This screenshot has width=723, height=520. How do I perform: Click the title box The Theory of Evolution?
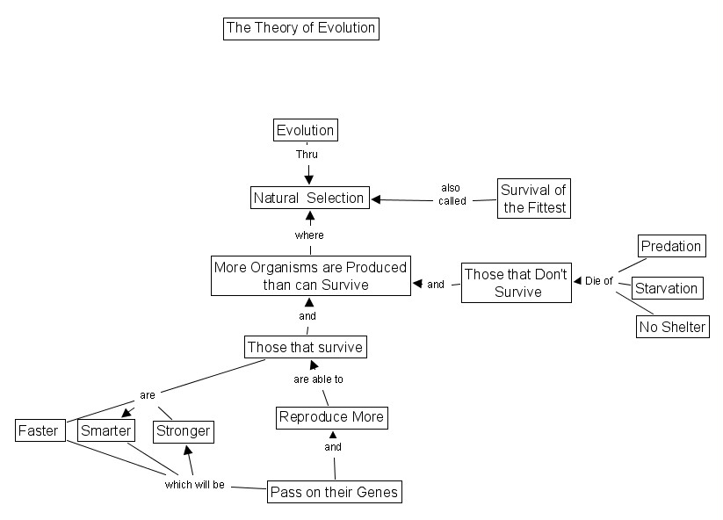pos(300,28)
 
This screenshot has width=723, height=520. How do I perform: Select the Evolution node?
pos(305,130)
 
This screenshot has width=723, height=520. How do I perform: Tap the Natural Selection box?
pos(308,198)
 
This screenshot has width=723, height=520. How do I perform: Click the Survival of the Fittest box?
pos(534,199)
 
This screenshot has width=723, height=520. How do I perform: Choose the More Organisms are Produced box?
pos(310,276)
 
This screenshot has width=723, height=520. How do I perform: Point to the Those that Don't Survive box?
pos(517,282)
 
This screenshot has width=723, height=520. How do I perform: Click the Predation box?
pos(670,246)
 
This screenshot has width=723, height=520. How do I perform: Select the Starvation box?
pos(666,288)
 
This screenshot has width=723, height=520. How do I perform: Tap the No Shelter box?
pos(671,327)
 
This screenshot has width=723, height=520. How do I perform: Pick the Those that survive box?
pos(305,347)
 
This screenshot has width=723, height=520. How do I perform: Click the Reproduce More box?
pos(331,416)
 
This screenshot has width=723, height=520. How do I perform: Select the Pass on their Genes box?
pos(334,492)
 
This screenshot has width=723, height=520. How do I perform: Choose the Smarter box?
pos(105,430)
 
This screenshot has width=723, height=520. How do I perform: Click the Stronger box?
pos(183,430)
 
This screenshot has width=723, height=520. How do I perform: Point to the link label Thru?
pos(307,155)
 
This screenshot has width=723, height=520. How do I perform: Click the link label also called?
pos(452,194)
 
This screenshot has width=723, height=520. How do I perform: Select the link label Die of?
pos(598,281)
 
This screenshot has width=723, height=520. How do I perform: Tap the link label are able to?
pos(318,379)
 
